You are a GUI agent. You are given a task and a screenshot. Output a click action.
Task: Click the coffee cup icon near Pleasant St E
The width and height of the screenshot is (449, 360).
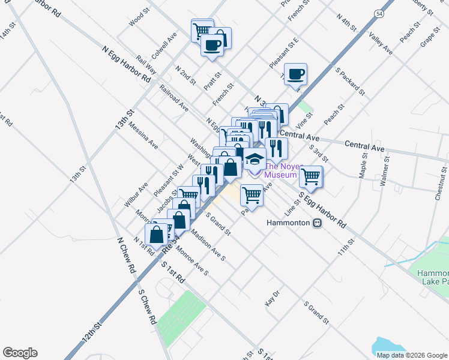point(295,74)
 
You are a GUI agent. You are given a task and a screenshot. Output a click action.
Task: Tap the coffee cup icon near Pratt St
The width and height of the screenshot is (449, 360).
point(212,45)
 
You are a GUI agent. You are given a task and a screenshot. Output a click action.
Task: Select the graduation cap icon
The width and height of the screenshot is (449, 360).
point(254,160)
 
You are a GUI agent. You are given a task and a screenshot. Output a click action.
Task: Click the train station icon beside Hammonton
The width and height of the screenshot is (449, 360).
point(318,223)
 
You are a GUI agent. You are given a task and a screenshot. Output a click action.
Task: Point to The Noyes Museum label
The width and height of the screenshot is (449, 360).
point(281,171)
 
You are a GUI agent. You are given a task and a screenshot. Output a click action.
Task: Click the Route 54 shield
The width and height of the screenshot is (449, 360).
point(379,13)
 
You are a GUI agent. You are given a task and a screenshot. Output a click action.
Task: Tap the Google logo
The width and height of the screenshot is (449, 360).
point(20,353)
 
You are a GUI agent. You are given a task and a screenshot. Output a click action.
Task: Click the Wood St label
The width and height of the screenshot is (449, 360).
point(139,18)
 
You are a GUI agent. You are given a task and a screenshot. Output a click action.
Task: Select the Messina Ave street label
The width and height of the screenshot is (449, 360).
point(145,137)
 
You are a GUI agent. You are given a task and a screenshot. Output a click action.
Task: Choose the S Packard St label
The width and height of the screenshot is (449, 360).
point(351,82)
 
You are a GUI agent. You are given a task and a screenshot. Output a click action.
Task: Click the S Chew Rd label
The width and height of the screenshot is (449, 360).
point(146,307)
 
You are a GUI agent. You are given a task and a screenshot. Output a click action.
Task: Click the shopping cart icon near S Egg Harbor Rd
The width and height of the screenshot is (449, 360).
point(310,176)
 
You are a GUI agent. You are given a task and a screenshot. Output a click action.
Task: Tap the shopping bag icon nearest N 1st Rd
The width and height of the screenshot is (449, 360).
point(156,235)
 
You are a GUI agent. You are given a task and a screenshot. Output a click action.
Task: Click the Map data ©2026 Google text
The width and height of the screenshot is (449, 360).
point(411,355)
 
